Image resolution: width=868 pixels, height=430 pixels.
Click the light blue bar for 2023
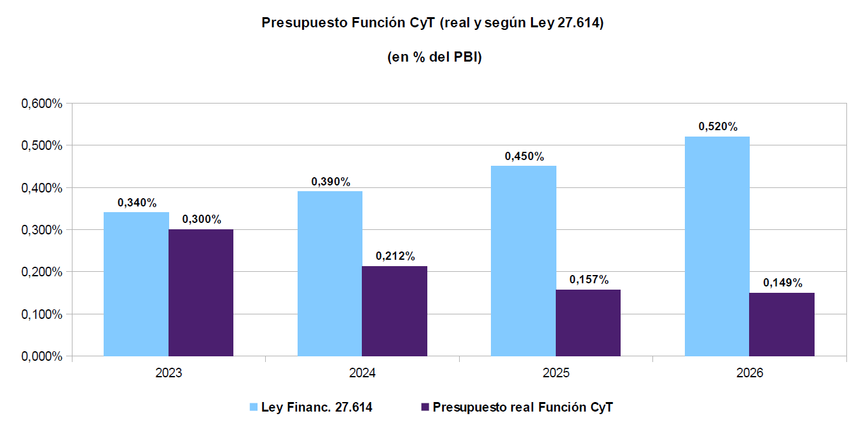pos(136,284)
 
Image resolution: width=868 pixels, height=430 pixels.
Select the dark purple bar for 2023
pos(201,292)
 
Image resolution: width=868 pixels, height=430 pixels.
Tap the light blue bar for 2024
pos(330,273)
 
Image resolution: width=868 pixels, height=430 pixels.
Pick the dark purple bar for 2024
pos(394,311)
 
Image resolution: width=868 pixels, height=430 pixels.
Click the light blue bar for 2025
pos(523,260)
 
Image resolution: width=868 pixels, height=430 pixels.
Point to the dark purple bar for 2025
pos(588,323)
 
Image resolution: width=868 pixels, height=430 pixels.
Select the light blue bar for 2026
pos(717,246)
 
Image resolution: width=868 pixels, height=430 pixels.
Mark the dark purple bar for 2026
pos(782,324)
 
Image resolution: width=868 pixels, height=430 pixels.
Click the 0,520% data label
pos(718,127)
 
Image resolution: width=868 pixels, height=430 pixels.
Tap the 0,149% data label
pos(783,283)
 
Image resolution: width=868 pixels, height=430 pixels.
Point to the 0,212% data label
pos(396,257)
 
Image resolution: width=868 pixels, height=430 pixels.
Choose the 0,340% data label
pos(137,203)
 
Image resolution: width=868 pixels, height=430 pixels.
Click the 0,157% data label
pos(589,280)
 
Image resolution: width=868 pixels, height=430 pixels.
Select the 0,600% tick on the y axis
pos(42,104)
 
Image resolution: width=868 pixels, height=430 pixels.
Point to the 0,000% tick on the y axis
pos(42,356)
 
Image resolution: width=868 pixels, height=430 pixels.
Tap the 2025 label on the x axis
pos(556,373)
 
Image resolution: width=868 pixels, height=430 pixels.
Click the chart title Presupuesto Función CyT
pos(432,24)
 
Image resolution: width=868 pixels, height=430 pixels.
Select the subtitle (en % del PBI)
pos(434,57)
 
